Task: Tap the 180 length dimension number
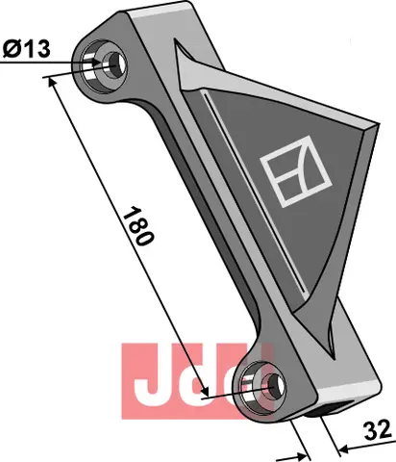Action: click(x=138, y=226)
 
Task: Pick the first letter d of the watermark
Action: click(x=201, y=376)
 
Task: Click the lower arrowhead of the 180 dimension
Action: click(x=228, y=396)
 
